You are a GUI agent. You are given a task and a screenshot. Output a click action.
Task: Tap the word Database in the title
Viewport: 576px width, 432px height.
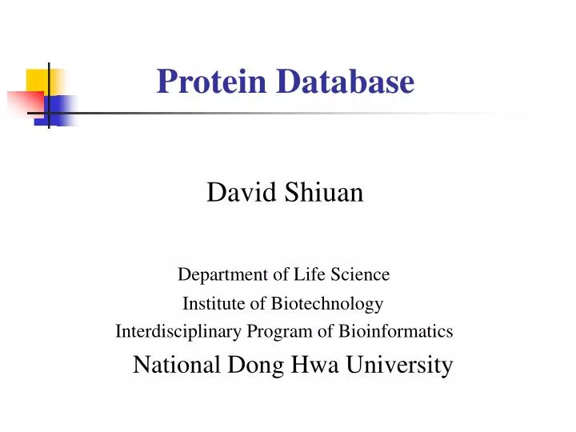[x=346, y=82]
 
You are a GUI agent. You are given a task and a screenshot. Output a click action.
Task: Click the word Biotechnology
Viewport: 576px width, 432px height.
[x=326, y=304]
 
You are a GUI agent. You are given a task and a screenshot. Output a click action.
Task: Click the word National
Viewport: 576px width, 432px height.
[x=177, y=366]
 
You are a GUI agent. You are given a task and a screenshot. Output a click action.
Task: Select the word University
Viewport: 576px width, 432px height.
[x=401, y=366]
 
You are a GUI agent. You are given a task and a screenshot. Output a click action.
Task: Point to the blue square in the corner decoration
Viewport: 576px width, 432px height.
[x=62, y=107]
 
